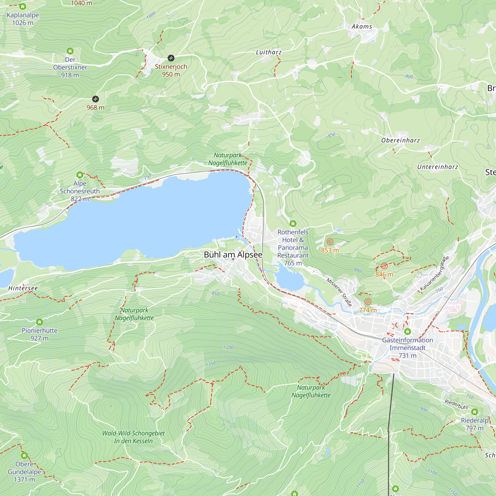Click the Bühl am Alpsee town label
(x=233, y=255)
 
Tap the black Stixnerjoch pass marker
(x=171, y=58)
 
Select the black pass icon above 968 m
(x=95, y=99)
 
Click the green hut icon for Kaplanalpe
(x=23, y=6)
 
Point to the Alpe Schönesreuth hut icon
(x=80, y=175)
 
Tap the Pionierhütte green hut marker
(x=39, y=322)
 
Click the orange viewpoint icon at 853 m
(x=330, y=242)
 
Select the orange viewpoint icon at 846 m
(x=384, y=266)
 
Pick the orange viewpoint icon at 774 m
(x=368, y=301)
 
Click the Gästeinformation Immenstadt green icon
(x=407, y=332)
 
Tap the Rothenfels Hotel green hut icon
(x=293, y=224)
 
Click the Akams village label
(x=362, y=27)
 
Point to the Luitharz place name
(x=269, y=52)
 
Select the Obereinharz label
(x=401, y=140)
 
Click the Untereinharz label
(x=438, y=167)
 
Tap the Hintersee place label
(x=23, y=288)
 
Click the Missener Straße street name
(x=339, y=292)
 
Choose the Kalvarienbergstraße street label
(x=434, y=273)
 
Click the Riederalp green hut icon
(x=474, y=412)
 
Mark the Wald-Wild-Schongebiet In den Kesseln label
(x=133, y=437)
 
